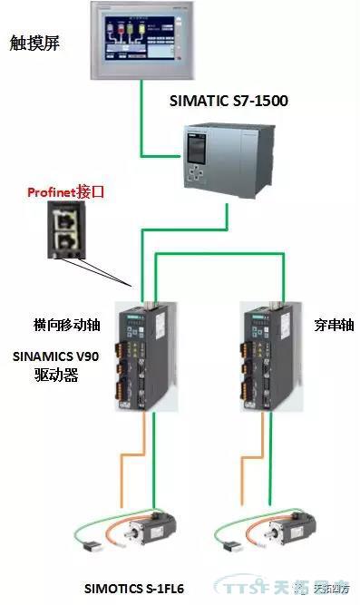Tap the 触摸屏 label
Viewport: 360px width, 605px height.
pos(34,43)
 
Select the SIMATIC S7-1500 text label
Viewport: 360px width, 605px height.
pos(229,101)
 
